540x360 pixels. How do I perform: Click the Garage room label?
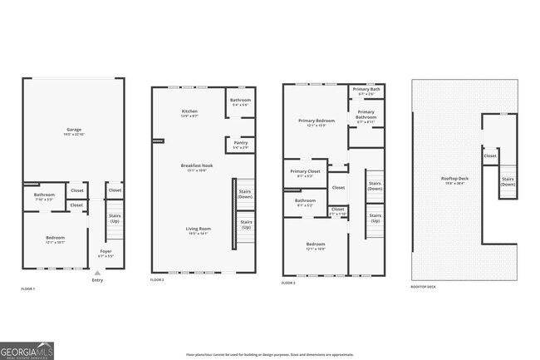pos(74,131)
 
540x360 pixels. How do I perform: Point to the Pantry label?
pos(240,145)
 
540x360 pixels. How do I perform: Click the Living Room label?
pos(198,230)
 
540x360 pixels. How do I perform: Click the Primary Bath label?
pos(366,91)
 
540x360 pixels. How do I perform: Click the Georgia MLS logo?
pos(28,350)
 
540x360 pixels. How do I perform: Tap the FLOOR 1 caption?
pos(28,288)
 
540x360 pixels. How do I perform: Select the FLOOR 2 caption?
pos(158,281)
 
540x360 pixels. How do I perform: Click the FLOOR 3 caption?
pos(288,284)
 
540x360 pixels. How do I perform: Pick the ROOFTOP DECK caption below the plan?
pos(423,287)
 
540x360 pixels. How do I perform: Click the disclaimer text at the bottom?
pos(269,354)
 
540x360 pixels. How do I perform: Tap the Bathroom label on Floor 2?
pos(241,102)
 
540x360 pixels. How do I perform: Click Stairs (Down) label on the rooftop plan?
pos(507,181)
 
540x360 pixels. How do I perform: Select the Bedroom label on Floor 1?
pos(55,239)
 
